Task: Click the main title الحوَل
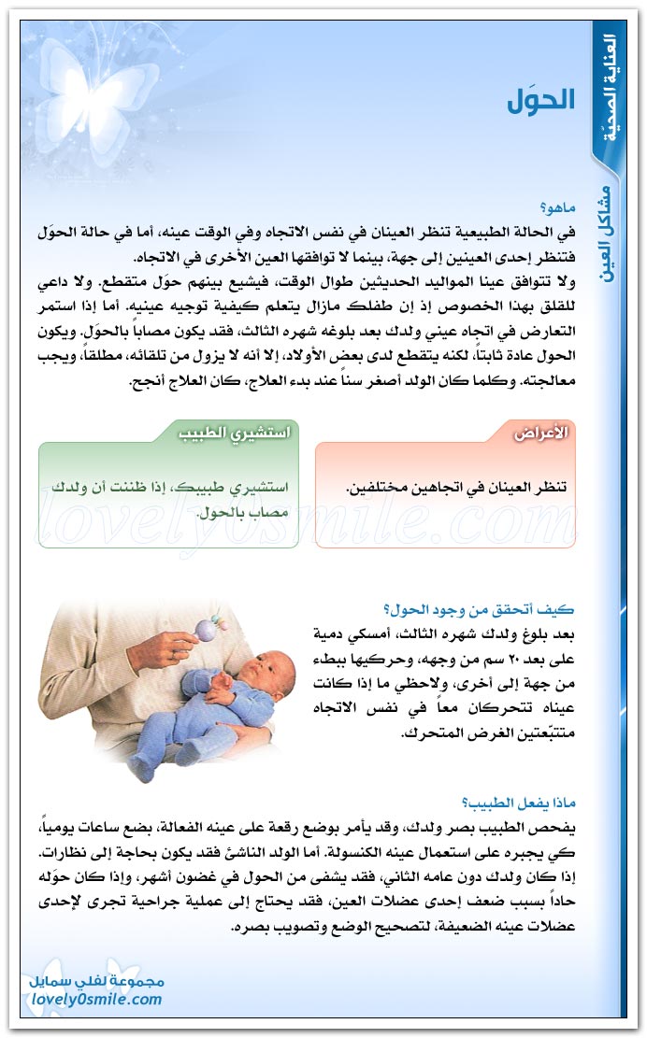(541, 100)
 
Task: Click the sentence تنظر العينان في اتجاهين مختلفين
(457, 488)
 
